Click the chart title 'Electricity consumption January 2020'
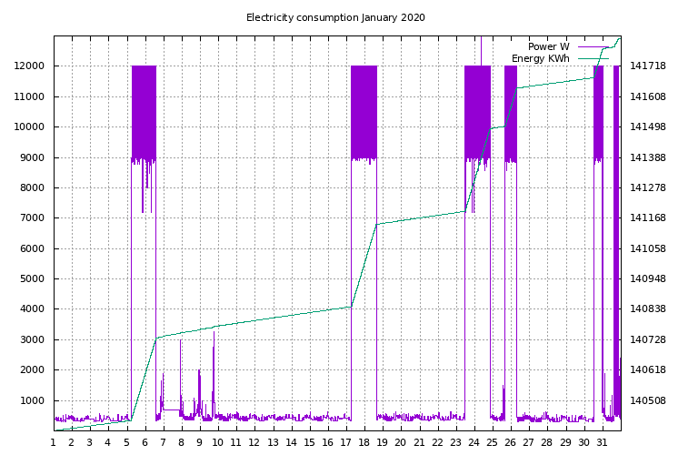335,17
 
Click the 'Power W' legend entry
549,46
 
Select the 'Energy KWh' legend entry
541,58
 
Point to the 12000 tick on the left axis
31,66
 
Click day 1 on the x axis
54,443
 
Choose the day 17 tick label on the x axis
345,443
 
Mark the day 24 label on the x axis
474,443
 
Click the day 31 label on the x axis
602,443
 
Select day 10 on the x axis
217,443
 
